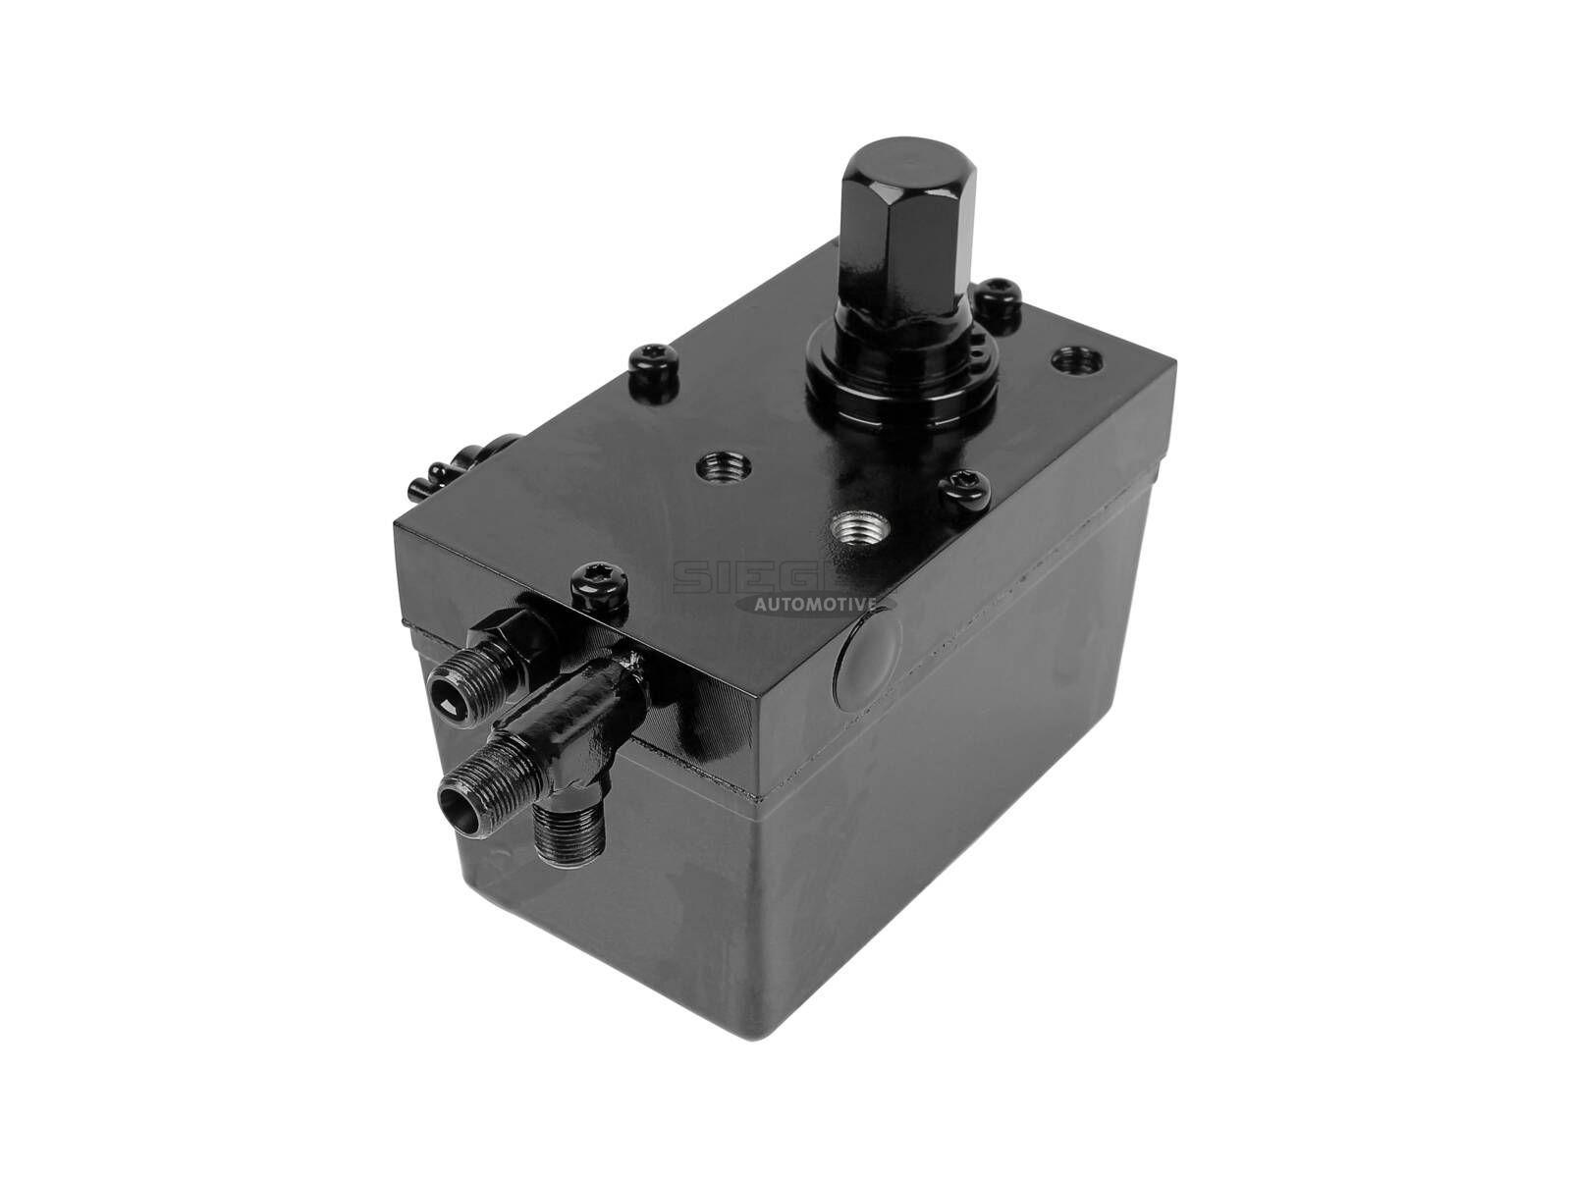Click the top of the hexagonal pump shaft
894,162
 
